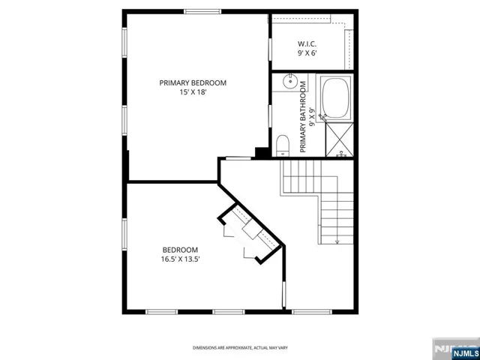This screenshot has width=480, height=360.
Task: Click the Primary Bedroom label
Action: [x=193, y=83]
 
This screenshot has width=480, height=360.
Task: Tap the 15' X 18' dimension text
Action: [x=193, y=92]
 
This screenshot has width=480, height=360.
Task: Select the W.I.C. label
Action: [x=307, y=44]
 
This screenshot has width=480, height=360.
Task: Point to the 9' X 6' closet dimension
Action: [x=307, y=53]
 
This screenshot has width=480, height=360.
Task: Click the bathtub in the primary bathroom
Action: [x=336, y=98]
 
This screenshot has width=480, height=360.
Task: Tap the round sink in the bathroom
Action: [x=290, y=82]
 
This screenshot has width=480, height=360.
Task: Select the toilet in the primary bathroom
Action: [x=283, y=145]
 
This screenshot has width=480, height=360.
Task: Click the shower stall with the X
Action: [x=340, y=140]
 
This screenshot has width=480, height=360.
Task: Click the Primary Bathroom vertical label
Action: [x=307, y=117]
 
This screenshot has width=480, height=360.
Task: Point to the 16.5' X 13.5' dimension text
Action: [x=181, y=259]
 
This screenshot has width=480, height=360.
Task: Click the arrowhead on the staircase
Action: [x=337, y=242]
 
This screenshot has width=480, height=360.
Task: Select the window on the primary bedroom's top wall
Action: [x=202, y=12]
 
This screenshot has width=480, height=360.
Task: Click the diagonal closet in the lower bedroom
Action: [x=250, y=232]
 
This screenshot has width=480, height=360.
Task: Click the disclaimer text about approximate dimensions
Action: [x=240, y=348]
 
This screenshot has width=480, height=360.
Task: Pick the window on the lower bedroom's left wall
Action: [x=124, y=234]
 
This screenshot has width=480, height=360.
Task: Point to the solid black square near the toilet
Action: [x=262, y=153]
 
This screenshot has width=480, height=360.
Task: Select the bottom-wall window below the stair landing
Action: [x=312, y=312]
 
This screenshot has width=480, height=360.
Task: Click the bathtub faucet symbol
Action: [x=322, y=118]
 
